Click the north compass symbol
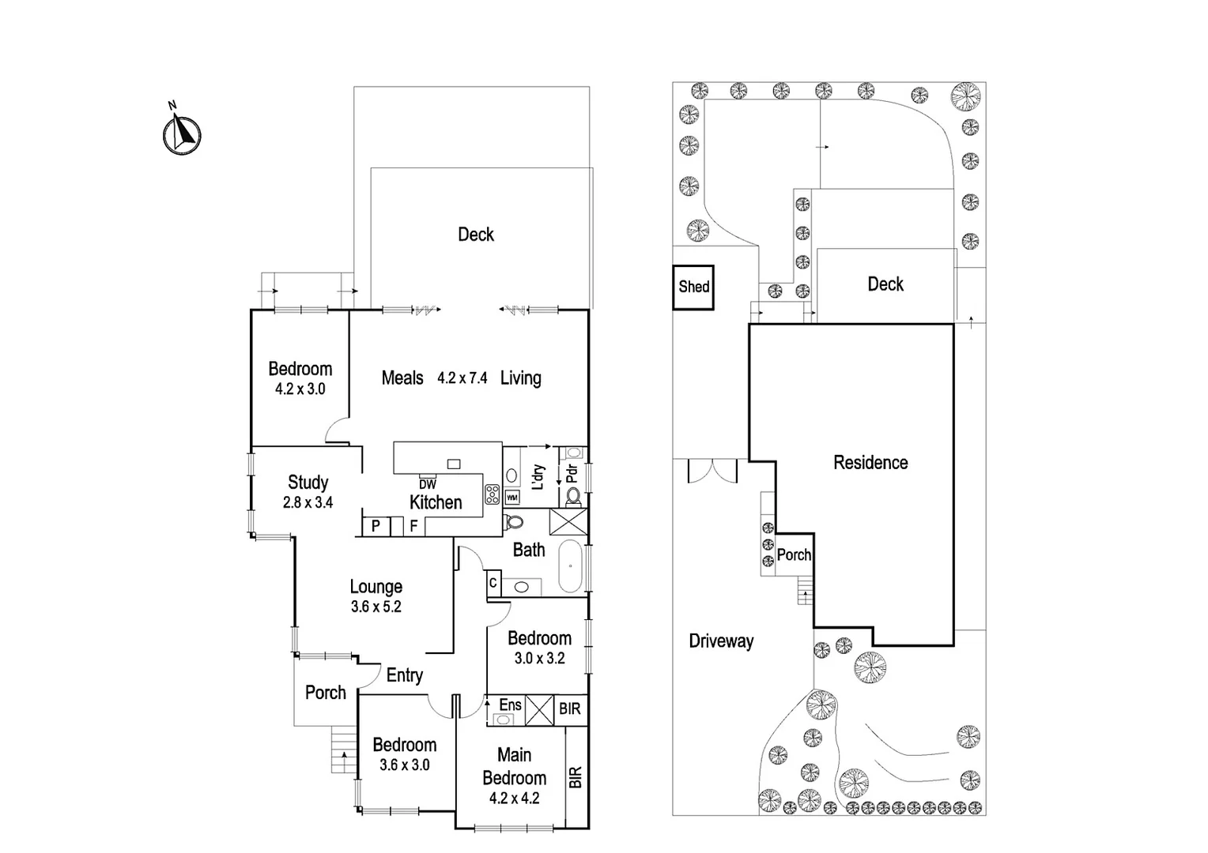[x=182, y=133]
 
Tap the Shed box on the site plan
[x=693, y=287]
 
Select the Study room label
[x=308, y=482]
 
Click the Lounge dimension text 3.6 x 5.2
[x=376, y=607]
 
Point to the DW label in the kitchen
[x=427, y=484]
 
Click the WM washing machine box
[x=512, y=498]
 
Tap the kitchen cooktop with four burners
[x=492, y=494]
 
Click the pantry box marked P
[x=376, y=525]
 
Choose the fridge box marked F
[x=413, y=525]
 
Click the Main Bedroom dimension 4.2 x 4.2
[x=514, y=798]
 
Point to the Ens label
[x=510, y=705]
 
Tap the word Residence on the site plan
[x=870, y=462]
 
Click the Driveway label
[x=721, y=641]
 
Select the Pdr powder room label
[x=572, y=474]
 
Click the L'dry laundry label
[x=538, y=477]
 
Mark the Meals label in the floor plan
[x=402, y=378]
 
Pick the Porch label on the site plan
[x=794, y=554]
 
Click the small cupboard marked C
[x=493, y=583]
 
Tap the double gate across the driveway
[x=712, y=471]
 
